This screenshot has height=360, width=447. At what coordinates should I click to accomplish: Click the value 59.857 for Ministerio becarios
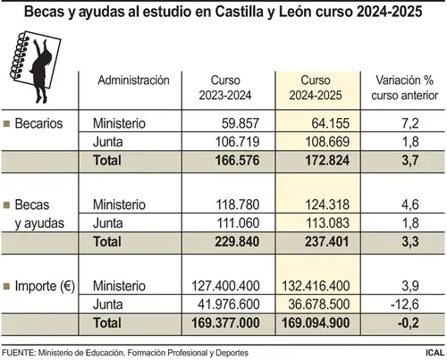240,123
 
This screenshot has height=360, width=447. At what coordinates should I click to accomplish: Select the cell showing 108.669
327,142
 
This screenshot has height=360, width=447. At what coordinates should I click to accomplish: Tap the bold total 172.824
327,161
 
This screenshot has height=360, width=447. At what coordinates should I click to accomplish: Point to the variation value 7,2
410,123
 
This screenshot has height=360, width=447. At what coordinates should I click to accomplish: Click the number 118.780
238,205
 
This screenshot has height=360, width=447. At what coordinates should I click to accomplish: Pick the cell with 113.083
327,223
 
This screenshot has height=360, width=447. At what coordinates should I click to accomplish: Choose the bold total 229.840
237,241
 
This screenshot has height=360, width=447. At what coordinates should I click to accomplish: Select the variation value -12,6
405,305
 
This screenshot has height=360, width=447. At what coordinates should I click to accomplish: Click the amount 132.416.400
316,286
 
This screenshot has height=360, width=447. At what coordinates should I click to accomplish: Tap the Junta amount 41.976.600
229,305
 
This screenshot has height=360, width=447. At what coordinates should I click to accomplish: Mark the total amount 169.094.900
316,323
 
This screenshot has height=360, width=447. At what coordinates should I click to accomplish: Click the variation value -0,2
409,323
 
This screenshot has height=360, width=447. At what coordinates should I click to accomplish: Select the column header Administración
133,80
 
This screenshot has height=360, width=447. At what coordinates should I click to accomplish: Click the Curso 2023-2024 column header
225,88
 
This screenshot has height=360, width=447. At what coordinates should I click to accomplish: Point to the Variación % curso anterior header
404,88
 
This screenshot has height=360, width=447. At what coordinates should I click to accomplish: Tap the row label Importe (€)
45,286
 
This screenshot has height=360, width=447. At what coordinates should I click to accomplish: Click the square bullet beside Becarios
6,123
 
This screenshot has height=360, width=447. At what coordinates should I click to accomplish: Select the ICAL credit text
434,353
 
